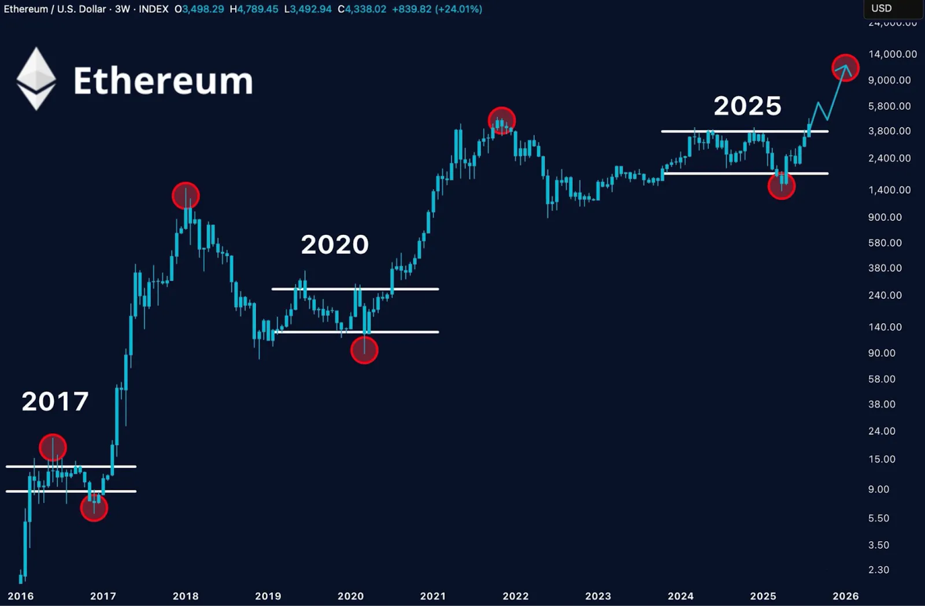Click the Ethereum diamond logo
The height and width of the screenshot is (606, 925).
pos(36,79)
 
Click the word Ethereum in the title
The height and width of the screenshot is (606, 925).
pos(163,81)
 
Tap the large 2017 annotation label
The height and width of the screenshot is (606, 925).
pos(55,401)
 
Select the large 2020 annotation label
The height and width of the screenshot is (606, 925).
pos(335,245)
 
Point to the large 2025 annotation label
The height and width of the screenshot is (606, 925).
pos(747,106)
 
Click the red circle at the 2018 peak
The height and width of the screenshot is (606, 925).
pos(186,196)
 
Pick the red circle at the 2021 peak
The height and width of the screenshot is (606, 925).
pos(501,121)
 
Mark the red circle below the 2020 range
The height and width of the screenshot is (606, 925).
pos(364,350)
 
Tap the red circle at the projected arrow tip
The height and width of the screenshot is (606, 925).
pos(845,68)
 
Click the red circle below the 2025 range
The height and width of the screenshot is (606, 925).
pos(781,186)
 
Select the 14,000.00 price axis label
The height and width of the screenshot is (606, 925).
pos(892,54)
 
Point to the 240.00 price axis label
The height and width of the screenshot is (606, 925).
pos(885,295)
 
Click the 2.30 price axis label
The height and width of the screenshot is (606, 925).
pos(878,570)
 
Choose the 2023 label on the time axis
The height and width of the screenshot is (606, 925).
pos(598,596)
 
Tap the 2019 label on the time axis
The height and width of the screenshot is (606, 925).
pos(268,596)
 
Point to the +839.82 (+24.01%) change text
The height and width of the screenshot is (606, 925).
pos(437,9)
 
